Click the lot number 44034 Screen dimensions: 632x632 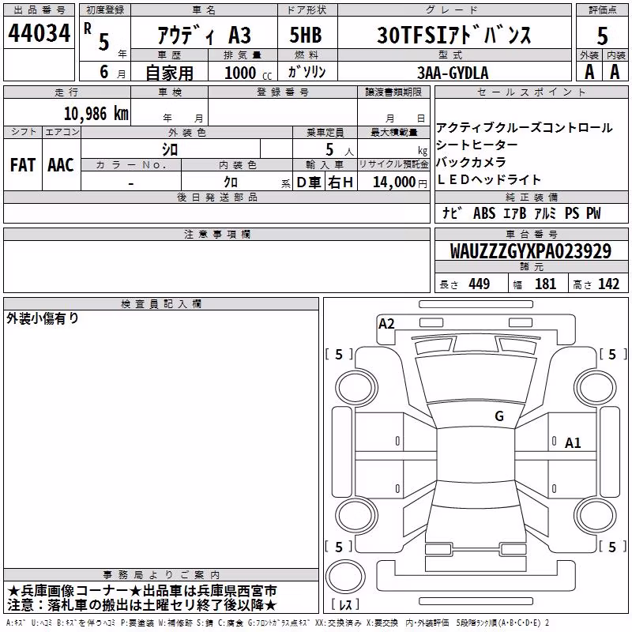coord(39,33)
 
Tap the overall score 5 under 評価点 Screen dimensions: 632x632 coord(602,36)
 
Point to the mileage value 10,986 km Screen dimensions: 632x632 coord(96,113)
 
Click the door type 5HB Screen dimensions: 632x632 coord(306,35)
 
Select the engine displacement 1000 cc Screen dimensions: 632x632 coord(248,73)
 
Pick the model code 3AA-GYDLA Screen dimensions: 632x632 coord(453,73)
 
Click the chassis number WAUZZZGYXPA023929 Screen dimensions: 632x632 coord(530,250)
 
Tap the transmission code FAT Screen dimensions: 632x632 coord(23,165)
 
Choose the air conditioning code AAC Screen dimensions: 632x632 coord(61,165)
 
